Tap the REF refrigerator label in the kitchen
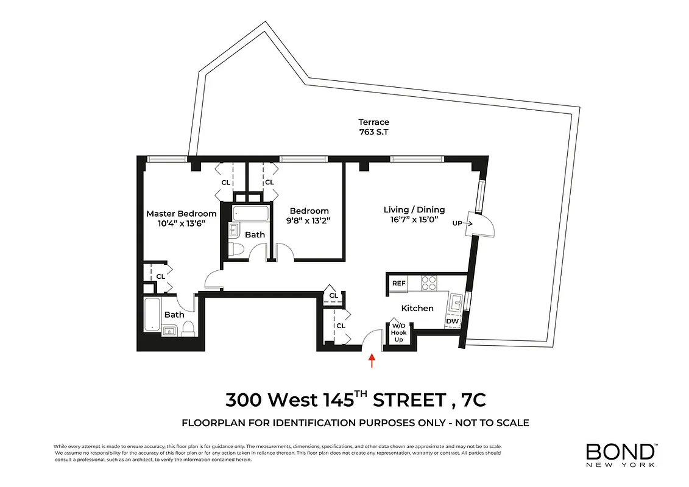(x=399, y=283)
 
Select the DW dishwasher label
(x=452, y=321)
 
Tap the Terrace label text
(x=374, y=122)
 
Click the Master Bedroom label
(x=181, y=214)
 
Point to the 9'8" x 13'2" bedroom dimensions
(x=309, y=221)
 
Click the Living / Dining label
(x=414, y=209)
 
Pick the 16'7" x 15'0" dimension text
(x=414, y=220)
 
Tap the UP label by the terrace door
(x=457, y=223)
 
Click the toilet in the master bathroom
(x=188, y=329)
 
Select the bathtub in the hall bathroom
(x=250, y=214)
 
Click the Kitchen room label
(x=417, y=308)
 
